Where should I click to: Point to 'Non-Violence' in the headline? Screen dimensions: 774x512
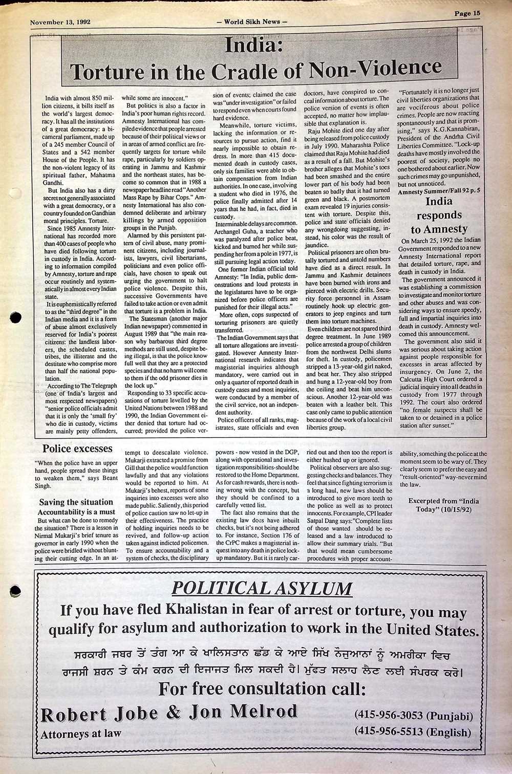[x=376, y=68]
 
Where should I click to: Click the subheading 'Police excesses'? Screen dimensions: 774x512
[x=77, y=449]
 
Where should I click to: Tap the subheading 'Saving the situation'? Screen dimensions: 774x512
[x=76, y=502]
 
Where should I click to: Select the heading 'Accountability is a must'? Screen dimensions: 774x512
[x=76, y=512]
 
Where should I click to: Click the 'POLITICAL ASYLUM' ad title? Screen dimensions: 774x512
[x=262, y=588]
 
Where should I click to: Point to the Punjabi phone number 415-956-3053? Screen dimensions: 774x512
[x=413, y=716]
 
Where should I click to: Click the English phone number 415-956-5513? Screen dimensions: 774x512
[x=413, y=732]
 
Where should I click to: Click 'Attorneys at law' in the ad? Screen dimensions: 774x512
[x=81, y=734]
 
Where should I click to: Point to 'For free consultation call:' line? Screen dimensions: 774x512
[x=262, y=689]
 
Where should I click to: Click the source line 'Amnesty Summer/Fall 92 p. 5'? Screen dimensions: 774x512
[x=439, y=191]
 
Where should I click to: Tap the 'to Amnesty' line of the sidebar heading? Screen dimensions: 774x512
[x=439, y=229]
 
